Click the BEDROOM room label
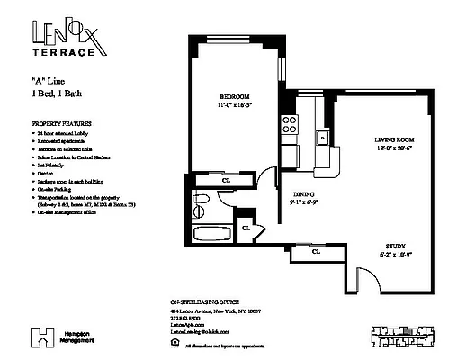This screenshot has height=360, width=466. point(234,96)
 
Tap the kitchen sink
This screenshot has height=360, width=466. point(319,138)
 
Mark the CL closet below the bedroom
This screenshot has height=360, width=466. point(226,177)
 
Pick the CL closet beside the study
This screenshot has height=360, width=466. point(317,252)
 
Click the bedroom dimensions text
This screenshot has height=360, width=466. point(234,106)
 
